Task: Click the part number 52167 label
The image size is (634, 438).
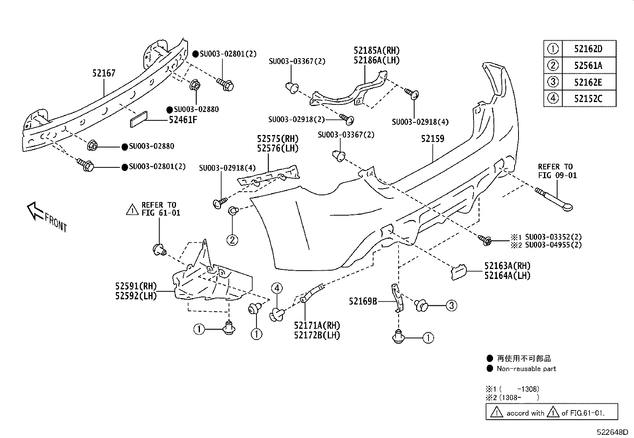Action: (x=104, y=73)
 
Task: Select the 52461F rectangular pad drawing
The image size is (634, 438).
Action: (x=139, y=119)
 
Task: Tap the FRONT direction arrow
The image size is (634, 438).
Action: (x=35, y=211)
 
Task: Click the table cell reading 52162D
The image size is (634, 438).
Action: (x=588, y=49)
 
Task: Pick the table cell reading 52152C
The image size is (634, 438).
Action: (x=588, y=98)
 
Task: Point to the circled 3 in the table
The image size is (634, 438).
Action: (x=553, y=82)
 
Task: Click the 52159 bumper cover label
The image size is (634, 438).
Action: (x=432, y=139)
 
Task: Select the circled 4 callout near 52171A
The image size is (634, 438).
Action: (x=277, y=289)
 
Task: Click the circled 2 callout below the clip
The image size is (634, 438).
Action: (x=233, y=240)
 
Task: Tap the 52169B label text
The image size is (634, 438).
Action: (x=363, y=302)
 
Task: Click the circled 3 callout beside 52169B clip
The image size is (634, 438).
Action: (x=451, y=306)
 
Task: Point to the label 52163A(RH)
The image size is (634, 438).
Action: (x=507, y=266)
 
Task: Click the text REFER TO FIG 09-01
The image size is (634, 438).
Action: (x=557, y=171)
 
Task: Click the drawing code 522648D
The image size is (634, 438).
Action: (x=612, y=432)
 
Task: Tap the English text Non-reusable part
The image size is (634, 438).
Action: (x=526, y=369)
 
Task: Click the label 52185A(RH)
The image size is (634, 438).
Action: (x=376, y=51)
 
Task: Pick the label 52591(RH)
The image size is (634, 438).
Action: (x=136, y=287)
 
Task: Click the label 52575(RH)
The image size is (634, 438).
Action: (x=278, y=139)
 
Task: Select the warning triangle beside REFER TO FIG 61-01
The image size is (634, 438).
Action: (x=132, y=209)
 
